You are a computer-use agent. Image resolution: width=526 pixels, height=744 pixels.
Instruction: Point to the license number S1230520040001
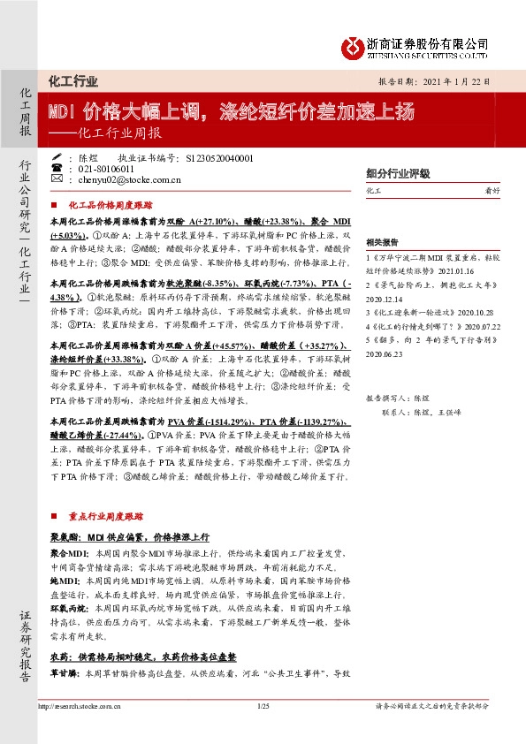[x=221, y=157]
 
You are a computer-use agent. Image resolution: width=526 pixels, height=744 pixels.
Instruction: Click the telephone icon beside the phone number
[x=57, y=168]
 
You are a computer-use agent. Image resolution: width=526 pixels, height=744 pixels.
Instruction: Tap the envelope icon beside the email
[x=57, y=179]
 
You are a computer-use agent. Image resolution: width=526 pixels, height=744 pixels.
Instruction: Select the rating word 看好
[x=500, y=191]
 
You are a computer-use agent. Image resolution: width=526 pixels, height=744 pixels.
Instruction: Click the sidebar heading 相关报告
[x=382, y=240]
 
